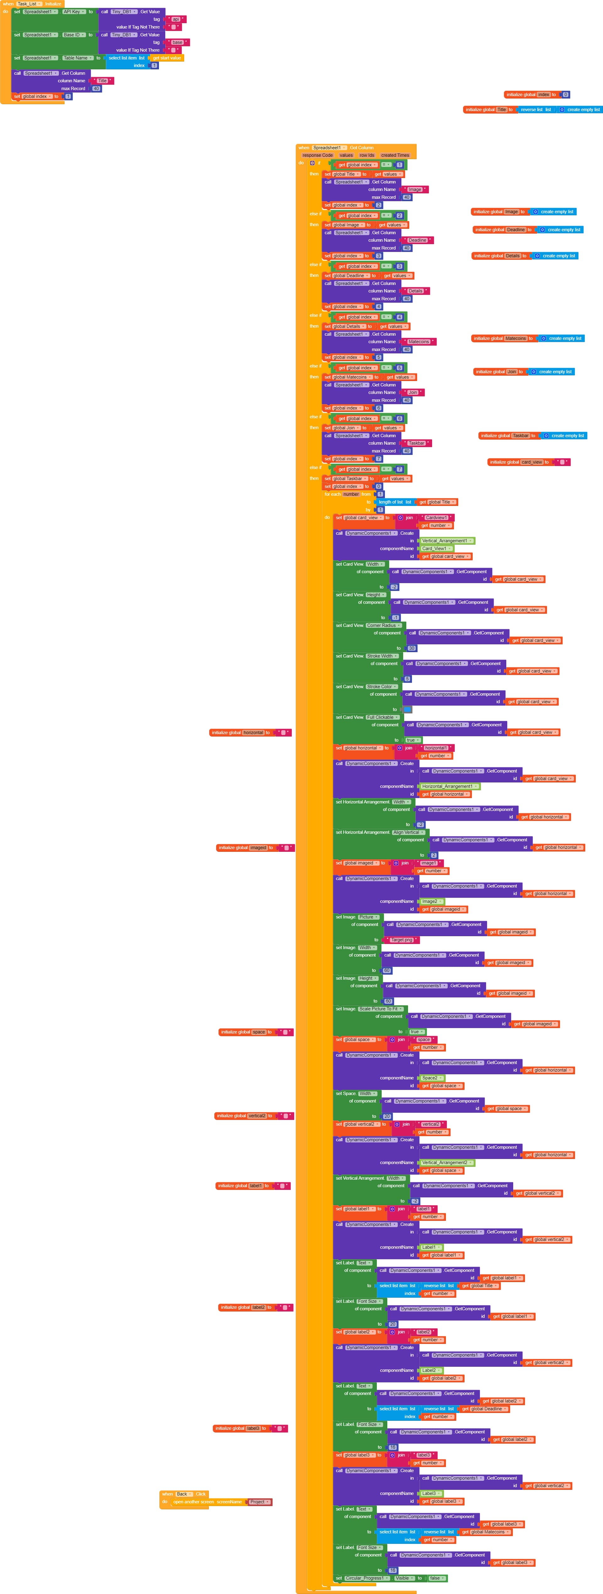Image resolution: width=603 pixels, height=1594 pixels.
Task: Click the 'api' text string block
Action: point(176,19)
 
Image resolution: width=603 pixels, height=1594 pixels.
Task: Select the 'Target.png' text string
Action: point(402,940)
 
